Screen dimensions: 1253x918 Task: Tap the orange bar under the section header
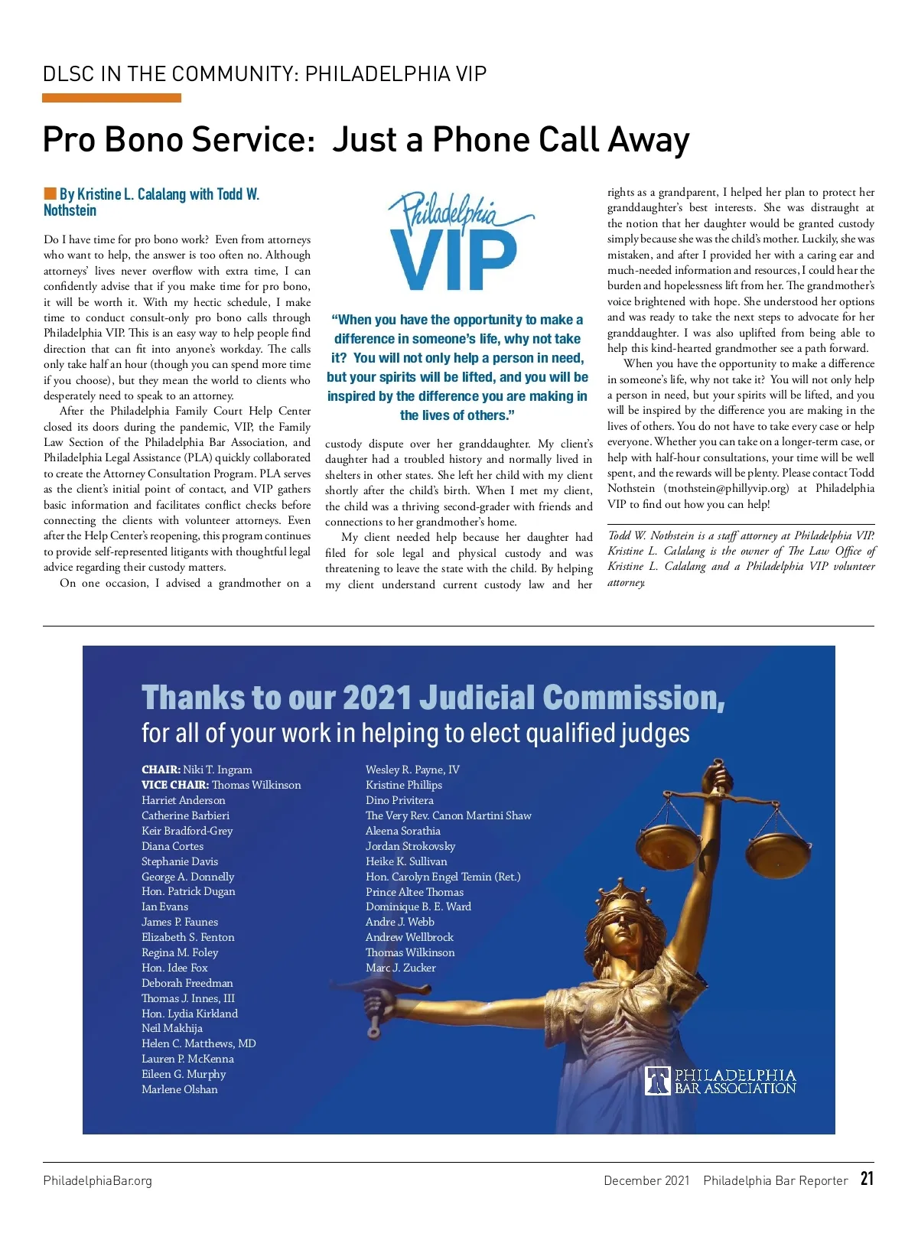[112, 98]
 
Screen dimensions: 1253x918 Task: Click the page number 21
[866, 1179]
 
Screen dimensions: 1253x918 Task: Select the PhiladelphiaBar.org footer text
[97, 1180]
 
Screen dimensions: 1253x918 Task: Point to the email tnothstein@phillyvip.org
[726, 488]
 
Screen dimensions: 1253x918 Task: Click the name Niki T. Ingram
[217, 770]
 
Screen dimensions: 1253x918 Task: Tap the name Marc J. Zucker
[400, 968]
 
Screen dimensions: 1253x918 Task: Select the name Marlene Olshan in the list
[179, 1089]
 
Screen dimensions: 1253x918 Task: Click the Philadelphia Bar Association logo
[720, 1081]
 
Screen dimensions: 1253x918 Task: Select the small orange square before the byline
[50, 194]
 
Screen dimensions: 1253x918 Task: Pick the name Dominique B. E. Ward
[418, 906]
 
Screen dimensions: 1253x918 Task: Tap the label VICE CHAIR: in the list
[174, 785]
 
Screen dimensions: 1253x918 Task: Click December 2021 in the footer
[646, 1180]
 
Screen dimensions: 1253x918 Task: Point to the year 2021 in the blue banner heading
[376, 698]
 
